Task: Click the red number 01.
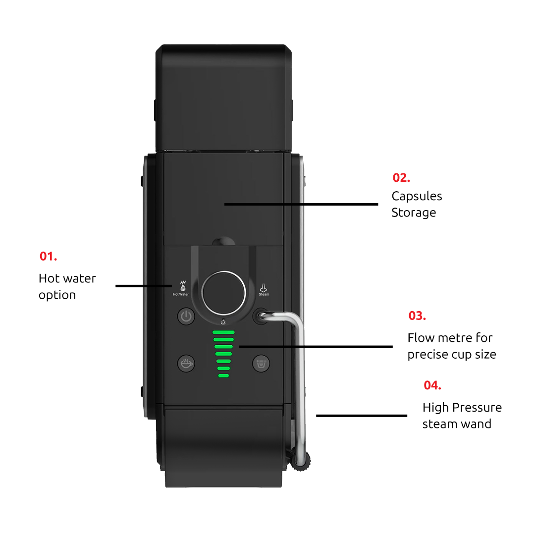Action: [x=48, y=257]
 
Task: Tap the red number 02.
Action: [x=401, y=178]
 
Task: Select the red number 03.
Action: [x=417, y=316]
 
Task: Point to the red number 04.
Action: [x=432, y=385]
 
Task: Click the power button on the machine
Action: [x=186, y=316]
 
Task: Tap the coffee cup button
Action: [x=186, y=363]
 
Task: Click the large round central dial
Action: [x=224, y=293]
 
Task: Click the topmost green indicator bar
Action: [x=223, y=332]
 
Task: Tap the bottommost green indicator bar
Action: [x=223, y=376]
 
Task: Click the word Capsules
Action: [x=417, y=197]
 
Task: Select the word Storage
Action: [x=414, y=213]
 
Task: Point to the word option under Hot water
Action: [x=57, y=295]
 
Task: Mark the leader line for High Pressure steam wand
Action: [x=361, y=416]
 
